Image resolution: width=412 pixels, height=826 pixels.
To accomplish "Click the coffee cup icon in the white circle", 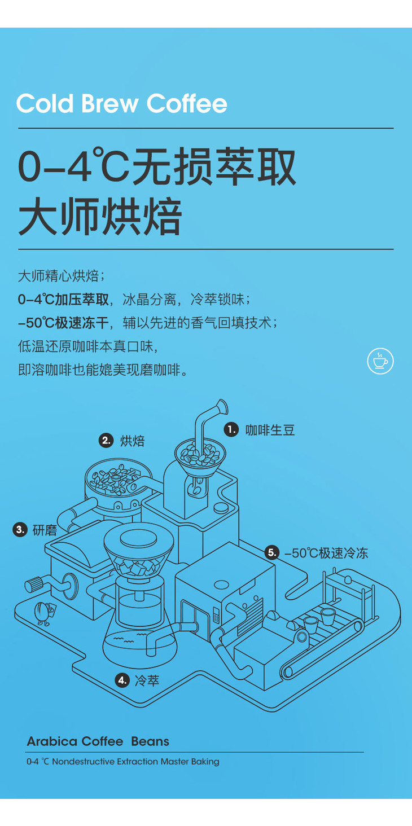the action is click(380, 361).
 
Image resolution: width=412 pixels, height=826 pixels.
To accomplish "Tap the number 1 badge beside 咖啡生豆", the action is click(231, 429).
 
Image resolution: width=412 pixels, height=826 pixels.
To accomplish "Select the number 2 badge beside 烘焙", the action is click(106, 441).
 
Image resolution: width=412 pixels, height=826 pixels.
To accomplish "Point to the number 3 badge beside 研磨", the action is click(20, 530).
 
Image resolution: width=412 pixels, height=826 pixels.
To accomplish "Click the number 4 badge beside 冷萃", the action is click(122, 680).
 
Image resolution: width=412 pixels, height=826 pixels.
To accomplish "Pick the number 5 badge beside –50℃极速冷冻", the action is click(272, 553).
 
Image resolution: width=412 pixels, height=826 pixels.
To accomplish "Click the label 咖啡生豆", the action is click(270, 430).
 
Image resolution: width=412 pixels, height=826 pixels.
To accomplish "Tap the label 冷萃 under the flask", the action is click(147, 680).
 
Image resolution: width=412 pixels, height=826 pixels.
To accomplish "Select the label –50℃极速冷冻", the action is click(326, 553).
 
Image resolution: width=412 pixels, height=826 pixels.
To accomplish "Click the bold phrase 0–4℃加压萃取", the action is click(63, 300).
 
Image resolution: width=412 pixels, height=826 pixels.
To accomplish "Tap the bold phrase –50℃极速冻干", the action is click(63, 323).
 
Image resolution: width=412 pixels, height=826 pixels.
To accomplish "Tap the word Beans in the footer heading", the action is click(150, 741).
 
